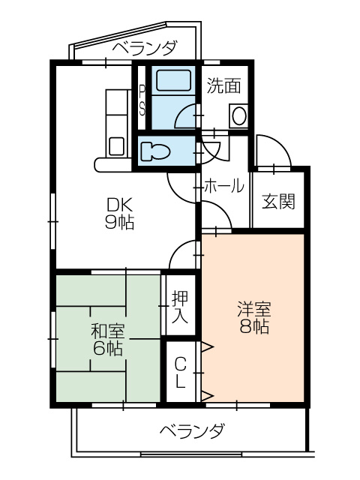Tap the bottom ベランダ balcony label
[x=192, y=431]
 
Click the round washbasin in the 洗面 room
[x=239, y=116]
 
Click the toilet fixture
[x=157, y=150]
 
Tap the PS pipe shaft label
[x=142, y=100]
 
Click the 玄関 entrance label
[x=277, y=202]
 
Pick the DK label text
[x=119, y=204]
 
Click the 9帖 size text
[x=119, y=222]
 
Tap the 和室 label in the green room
[x=108, y=331]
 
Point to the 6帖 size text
[x=108, y=348]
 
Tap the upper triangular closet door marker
[x=207, y=346]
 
